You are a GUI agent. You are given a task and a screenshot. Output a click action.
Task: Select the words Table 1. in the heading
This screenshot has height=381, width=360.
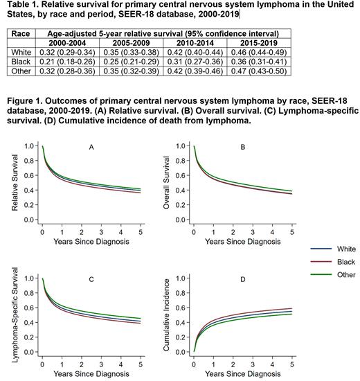[x=21, y=6]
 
